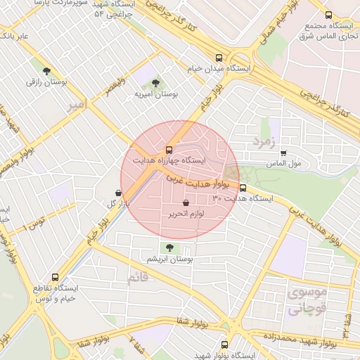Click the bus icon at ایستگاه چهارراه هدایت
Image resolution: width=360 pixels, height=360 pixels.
pos(168,149)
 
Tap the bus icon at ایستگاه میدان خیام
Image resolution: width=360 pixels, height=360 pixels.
pos(219,58)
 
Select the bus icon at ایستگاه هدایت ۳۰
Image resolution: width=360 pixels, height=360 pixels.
pos(243,188)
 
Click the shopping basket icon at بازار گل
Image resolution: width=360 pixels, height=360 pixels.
pos(117,192)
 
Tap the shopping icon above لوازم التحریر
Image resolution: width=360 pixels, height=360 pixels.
pos(185,202)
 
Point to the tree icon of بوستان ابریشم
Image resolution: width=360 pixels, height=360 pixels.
pos(168,247)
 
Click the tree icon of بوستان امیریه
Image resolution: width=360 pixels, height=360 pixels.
pos(155,82)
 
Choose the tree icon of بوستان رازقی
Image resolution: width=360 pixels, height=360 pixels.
pos(46,71)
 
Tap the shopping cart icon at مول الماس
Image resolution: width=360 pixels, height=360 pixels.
pos(283,153)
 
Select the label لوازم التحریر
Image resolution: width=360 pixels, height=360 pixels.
pos(186,213)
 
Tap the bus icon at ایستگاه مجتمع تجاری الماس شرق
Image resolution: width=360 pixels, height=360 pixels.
pos(328,15)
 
